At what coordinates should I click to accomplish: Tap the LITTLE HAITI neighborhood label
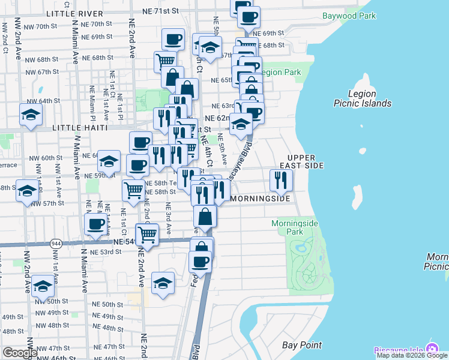[80, 128]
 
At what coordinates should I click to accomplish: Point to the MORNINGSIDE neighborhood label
[261, 198]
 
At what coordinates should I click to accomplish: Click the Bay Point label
[302, 345]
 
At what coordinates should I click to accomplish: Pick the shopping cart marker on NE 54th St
[147, 234]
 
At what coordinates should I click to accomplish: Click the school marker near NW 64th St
[31, 115]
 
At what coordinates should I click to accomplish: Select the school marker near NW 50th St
[43, 286]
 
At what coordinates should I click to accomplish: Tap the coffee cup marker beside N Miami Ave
[95, 225]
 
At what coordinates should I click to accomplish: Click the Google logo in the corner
[20, 353]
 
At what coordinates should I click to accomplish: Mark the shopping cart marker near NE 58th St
[133, 191]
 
